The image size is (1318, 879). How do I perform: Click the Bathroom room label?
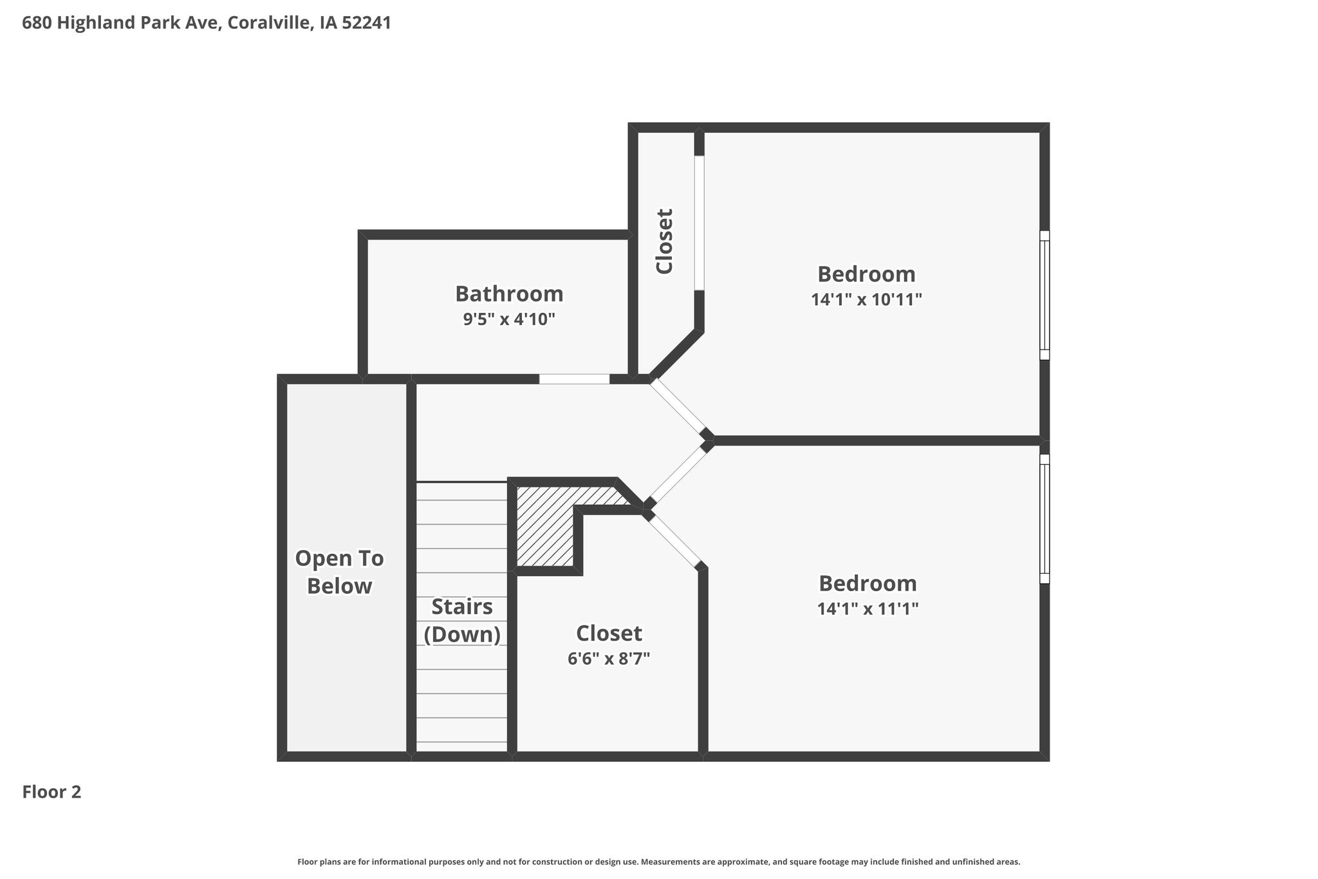click(x=509, y=294)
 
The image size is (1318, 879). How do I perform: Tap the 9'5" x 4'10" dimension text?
click(x=509, y=319)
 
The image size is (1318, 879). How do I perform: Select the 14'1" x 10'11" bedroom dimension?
click(x=866, y=299)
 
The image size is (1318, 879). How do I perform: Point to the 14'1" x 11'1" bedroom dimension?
click(x=868, y=609)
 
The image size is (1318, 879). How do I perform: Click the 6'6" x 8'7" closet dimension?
click(x=609, y=659)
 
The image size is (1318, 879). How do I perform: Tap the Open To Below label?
click(x=339, y=572)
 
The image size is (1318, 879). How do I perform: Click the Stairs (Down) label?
click(x=462, y=621)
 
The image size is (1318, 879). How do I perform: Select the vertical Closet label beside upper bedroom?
click(x=664, y=241)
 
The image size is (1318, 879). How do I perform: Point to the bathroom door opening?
click(x=574, y=379)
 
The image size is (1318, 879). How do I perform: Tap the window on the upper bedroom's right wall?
click(x=1044, y=295)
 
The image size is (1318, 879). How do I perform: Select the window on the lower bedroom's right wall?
click(x=1044, y=519)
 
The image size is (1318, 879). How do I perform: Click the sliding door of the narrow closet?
click(x=699, y=223)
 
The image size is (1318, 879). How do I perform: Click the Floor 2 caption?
click(x=51, y=792)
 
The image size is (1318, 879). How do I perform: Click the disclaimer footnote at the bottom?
click(x=658, y=862)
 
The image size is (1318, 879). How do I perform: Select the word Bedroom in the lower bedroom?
click(x=868, y=583)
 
